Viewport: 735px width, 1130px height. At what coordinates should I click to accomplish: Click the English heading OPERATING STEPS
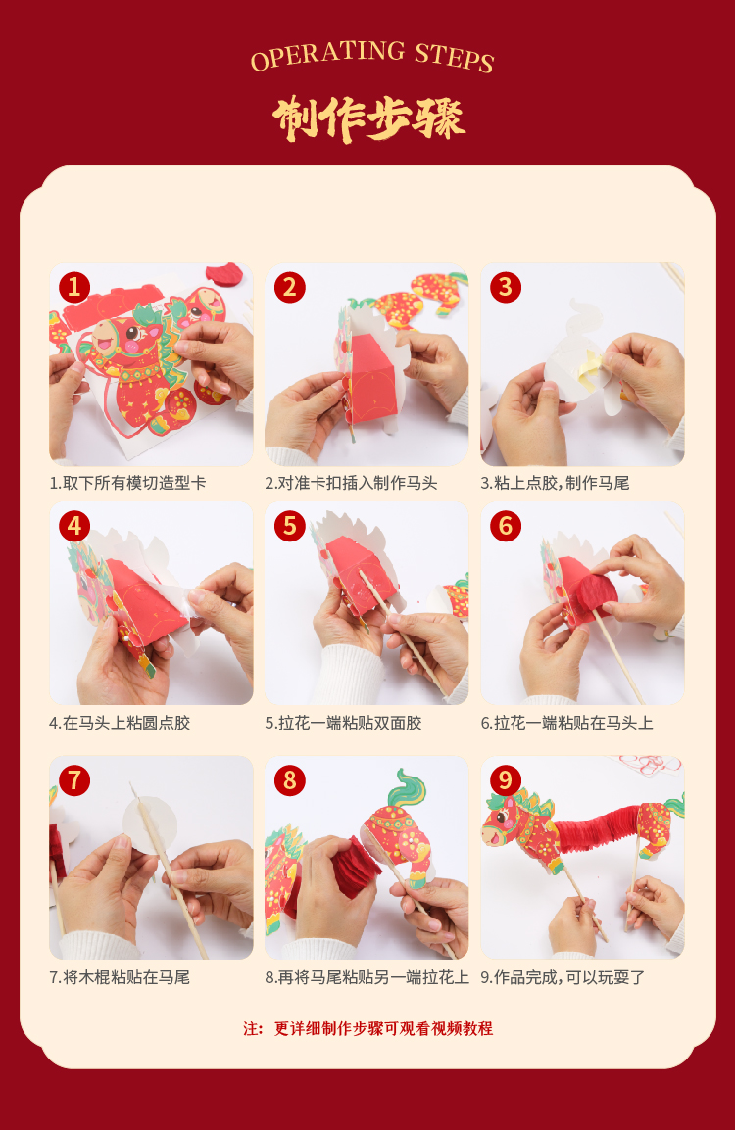tap(371, 56)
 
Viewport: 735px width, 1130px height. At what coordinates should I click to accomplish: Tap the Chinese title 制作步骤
tap(368, 118)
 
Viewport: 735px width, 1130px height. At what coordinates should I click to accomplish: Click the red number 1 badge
tap(74, 287)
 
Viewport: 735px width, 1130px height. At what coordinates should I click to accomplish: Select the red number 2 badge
tap(290, 287)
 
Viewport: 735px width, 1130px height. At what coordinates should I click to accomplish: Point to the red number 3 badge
tap(506, 287)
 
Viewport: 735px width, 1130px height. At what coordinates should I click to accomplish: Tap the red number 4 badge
tap(74, 526)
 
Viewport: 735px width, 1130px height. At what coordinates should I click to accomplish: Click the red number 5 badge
tap(290, 526)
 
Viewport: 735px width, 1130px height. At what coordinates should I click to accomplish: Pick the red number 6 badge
tap(506, 526)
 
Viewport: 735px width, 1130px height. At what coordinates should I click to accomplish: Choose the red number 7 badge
tap(74, 780)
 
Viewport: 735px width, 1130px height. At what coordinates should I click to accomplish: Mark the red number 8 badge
tap(290, 780)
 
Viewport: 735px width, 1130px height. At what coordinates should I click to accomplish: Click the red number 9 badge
tap(506, 780)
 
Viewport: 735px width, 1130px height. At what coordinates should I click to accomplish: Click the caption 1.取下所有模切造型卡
tap(127, 483)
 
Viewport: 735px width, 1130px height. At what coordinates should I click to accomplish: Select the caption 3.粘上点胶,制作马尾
tap(556, 483)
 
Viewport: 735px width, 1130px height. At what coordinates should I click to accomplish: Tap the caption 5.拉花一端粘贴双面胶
tap(343, 723)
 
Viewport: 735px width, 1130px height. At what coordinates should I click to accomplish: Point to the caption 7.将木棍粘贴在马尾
tap(120, 977)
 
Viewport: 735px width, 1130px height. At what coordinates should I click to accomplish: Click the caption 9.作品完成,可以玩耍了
tap(563, 977)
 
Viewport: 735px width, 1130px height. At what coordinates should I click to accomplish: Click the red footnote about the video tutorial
tap(367, 1028)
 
